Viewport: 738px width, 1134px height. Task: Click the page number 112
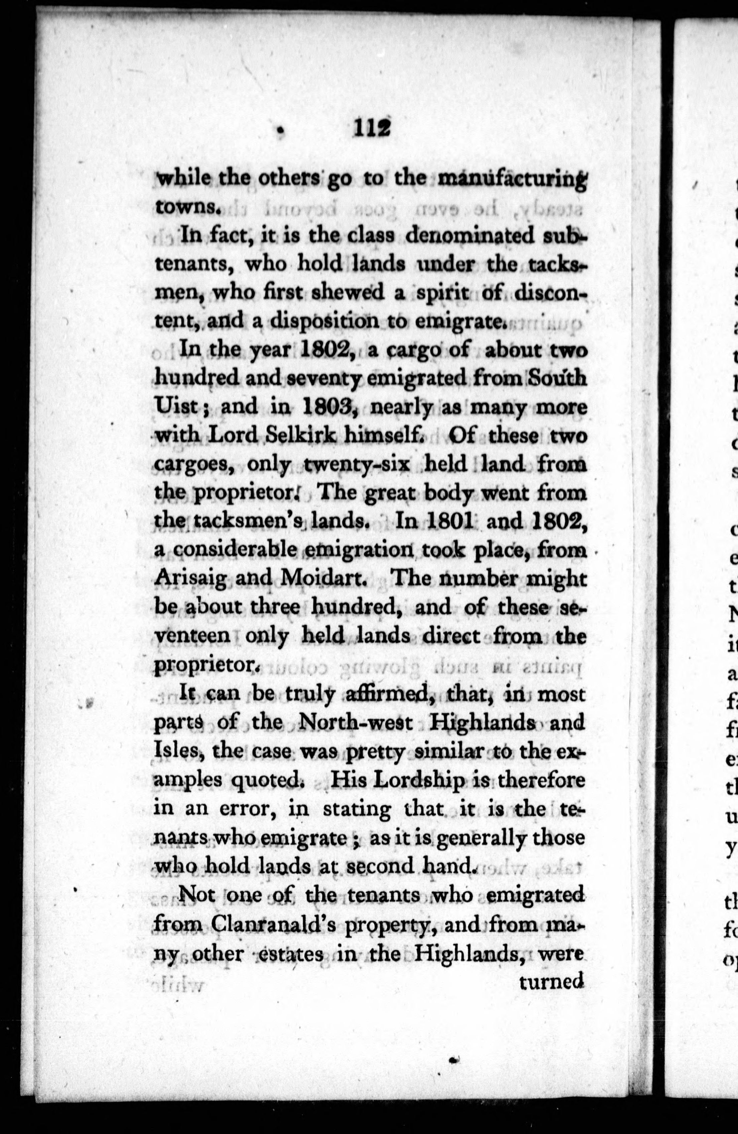tap(372, 129)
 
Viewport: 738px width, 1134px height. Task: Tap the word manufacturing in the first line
tap(512, 179)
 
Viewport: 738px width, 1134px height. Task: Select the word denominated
tap(476, 237)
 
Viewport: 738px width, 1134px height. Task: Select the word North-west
tap(358, 723)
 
